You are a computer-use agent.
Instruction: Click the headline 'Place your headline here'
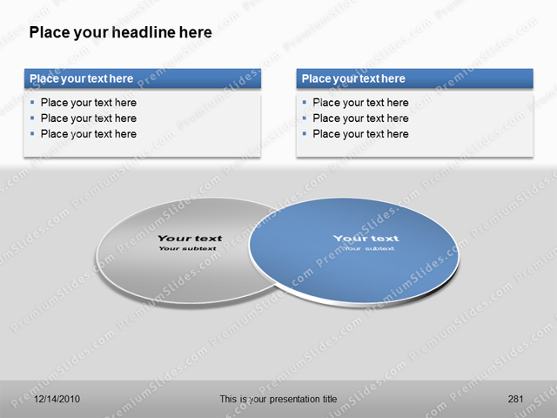click(120, 33)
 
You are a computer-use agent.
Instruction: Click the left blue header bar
click(142, 78)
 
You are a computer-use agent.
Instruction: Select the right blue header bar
click(414, 78)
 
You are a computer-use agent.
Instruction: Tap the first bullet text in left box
click(88, 103)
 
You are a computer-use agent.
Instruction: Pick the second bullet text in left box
click(88, 118)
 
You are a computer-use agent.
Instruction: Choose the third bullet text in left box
click(88, 134)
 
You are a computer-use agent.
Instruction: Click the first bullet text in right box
click(360, 103)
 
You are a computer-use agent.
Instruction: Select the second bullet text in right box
click(360, 118)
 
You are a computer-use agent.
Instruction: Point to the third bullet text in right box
click(360, 134)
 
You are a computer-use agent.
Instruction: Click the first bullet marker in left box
click(32, 102)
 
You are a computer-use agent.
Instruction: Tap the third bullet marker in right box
click(305, 133)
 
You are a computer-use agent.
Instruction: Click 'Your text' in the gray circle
click(190, 238)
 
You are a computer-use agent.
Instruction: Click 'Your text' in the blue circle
click(366, 238)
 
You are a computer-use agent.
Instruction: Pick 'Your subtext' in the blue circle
click(368, 248)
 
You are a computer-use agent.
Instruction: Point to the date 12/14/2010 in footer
click(57, 399)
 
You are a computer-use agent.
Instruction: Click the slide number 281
click(515, 399)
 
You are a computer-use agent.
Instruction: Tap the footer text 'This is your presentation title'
click(278, 399)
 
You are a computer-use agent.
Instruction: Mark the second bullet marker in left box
click(32, 118)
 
